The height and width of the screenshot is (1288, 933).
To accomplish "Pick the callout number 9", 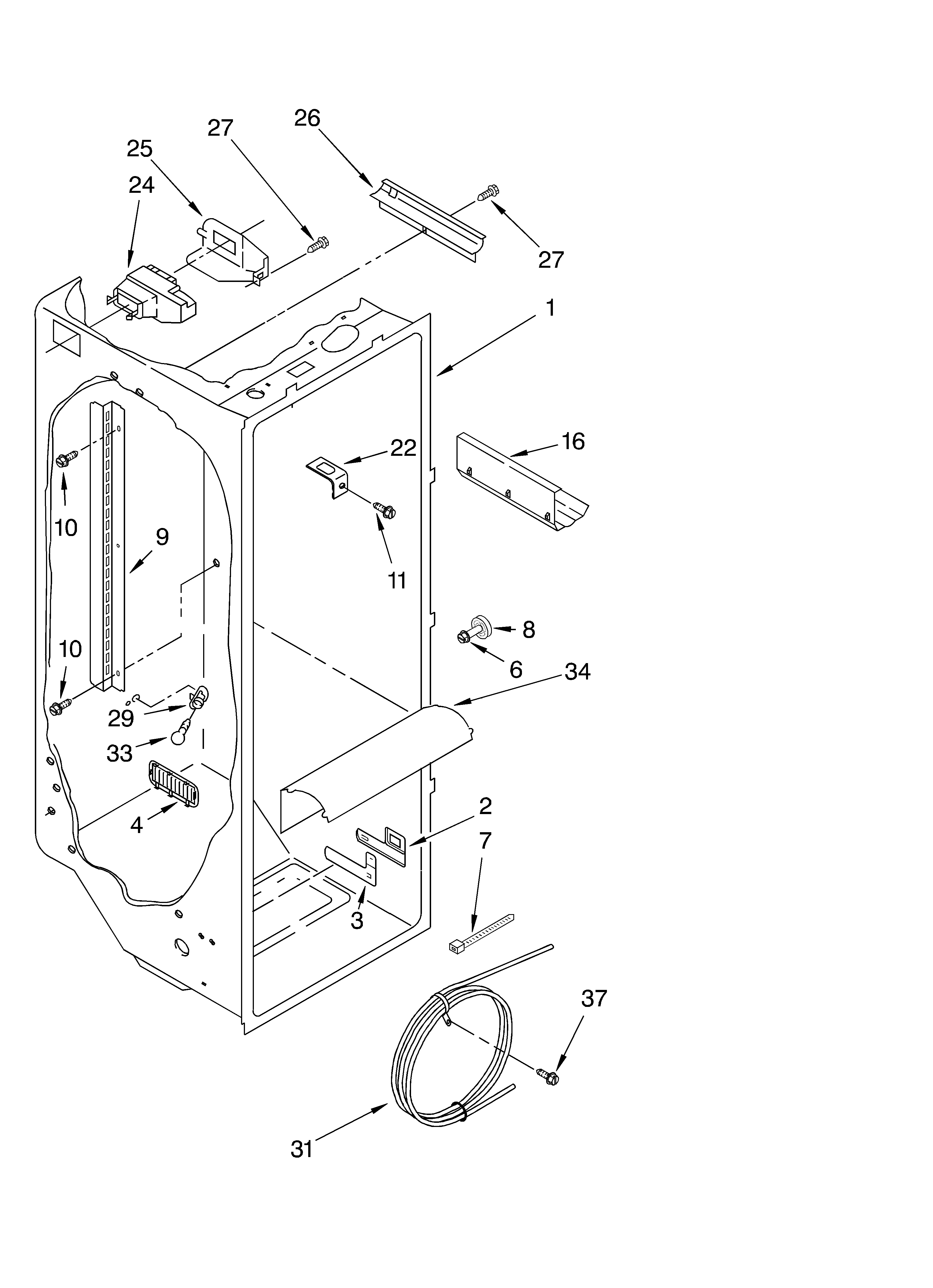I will point(162,537).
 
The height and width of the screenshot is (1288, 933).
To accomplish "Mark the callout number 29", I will point(121,719).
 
